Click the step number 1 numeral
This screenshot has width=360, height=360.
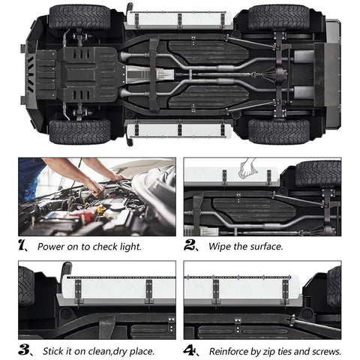click(22, 245)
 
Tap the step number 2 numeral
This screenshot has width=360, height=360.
click(189, 245)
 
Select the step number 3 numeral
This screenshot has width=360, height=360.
click(23, 349)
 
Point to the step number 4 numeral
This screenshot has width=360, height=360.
click(189, 350)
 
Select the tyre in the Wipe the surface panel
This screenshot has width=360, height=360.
click(318, 174)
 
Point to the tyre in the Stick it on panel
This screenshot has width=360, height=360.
click(26, 286)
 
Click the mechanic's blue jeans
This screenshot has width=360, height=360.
click(28, 178)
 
